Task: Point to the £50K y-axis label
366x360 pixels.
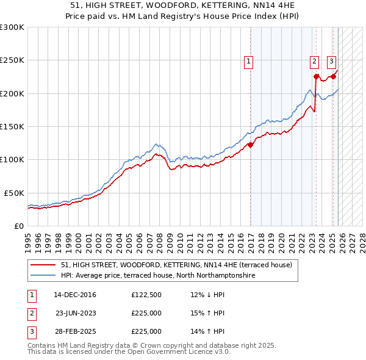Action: (13, 192)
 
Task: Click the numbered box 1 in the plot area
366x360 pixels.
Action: (249, 61)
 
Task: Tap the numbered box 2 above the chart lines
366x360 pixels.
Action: (314, 61)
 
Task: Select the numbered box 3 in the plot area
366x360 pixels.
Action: (331, 61)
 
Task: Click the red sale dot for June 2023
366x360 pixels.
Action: (317, 77)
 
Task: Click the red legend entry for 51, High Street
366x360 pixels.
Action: (177, 265)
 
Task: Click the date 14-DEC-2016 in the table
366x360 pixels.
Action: (74, 295)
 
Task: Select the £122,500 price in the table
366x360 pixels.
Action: (146, 295)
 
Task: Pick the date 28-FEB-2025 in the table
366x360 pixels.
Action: (74, 331)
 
